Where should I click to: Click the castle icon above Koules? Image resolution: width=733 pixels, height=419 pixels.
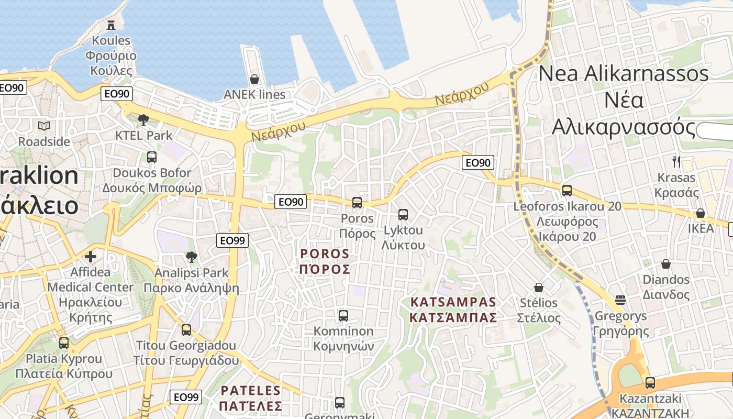(111, 25)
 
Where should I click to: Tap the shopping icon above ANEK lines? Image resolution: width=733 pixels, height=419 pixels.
(254, 79)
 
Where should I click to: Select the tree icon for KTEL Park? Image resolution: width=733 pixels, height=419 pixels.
(143, 120)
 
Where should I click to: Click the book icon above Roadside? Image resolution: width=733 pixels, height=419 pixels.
(44, 126)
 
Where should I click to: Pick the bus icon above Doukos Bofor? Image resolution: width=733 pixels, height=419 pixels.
(152, 157)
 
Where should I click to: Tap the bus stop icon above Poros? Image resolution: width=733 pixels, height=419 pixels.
(357, 202)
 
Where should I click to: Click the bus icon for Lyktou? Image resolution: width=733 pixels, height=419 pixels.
(403, 214)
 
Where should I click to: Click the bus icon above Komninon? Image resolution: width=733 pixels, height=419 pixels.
(343, 315)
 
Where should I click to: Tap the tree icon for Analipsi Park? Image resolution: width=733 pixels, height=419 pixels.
(192, 257)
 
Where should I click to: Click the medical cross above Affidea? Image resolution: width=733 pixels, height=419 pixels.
(91, 257)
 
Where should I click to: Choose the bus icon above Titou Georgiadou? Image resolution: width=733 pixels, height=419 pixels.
(186, 330)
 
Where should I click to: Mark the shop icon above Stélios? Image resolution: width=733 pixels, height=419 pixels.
(539, 288)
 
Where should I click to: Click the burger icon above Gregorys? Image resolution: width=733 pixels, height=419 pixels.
(620, 300)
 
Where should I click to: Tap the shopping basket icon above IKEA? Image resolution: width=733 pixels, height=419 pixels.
(701, 213)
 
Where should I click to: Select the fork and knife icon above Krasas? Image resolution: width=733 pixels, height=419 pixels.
(676, 161)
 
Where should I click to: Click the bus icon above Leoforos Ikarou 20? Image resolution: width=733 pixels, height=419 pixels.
(567, 191)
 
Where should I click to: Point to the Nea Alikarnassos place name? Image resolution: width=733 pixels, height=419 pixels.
(624, 100)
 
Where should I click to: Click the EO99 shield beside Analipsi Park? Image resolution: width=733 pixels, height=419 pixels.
(232, 240)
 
